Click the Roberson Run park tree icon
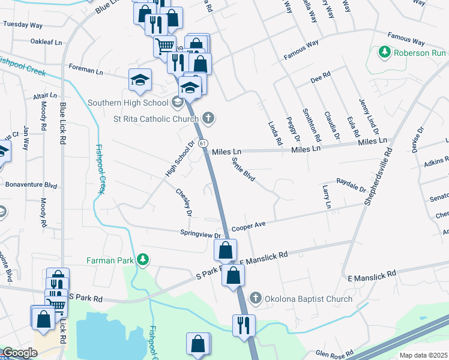coord(385,52)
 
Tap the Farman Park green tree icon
coord(142,259)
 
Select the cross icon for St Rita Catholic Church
coord(208,117)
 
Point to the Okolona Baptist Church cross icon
coord(255,298)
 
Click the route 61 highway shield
coord(203,143)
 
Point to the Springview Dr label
coord(200,235)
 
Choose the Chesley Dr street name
coord(184,203)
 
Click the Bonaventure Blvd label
coord(31,185)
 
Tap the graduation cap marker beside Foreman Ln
coord(140,80)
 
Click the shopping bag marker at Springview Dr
coord(225,250)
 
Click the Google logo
coord(20,353)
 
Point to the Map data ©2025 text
coord(423,355)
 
